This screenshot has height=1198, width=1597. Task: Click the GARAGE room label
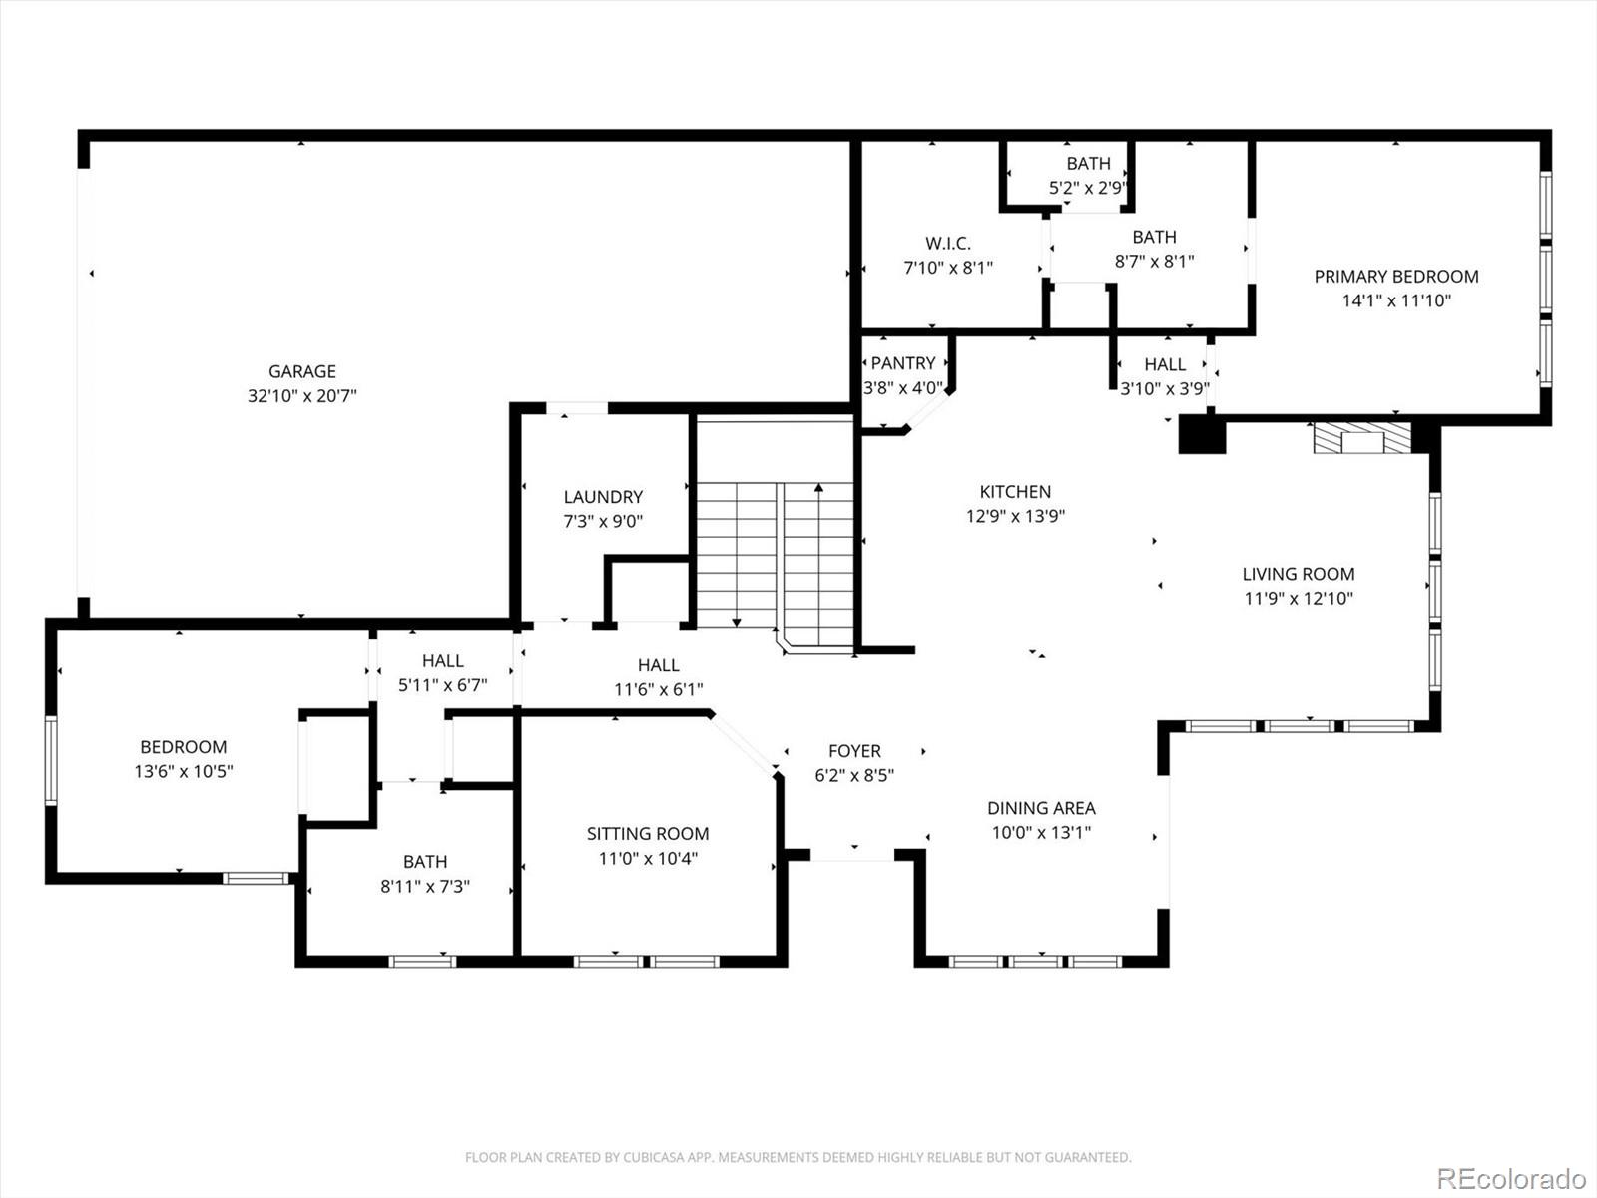[301, 371]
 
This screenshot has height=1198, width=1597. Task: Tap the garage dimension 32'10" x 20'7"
[301, 396]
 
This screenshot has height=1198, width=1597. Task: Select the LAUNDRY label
[603, 497]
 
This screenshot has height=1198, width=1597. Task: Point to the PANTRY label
[903, 363]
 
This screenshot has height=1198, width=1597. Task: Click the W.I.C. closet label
[947, 243]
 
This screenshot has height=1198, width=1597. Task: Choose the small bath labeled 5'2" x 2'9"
[1088, 175]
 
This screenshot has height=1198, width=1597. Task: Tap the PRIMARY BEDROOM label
[1395, 277]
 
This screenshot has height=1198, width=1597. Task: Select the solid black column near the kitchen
[1202, 435]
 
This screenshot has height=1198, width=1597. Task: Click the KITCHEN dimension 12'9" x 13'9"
[1015, 517]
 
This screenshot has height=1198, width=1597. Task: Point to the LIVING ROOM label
[1298, 574]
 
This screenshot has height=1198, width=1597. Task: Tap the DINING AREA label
[1041, 808]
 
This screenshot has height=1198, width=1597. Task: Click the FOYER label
[854, 751]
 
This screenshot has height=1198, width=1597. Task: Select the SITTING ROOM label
[647, 834]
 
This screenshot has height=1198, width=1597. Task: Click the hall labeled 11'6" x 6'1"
[658, 677]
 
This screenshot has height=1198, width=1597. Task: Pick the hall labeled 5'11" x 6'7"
[442, 673]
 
